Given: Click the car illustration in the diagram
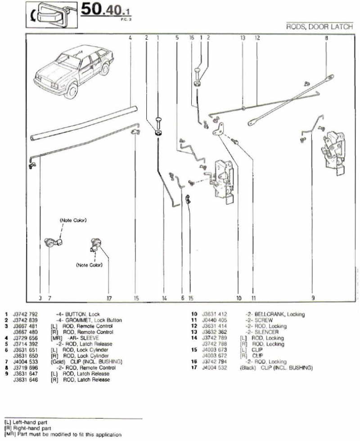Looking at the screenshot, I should (72, 70).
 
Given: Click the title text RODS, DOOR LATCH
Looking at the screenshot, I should (319, 27).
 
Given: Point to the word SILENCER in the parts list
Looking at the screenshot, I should (269, 332).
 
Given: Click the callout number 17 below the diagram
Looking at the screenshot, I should (109, 297).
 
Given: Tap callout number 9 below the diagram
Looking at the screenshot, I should (313, 297).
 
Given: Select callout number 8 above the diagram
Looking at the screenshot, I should (326, 38).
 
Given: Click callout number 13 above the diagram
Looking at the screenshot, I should (243, 38).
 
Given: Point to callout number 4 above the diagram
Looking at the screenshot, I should (130, 38).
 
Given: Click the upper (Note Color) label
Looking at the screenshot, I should (73, 220).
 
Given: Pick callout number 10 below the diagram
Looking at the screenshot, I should (238, 297).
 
